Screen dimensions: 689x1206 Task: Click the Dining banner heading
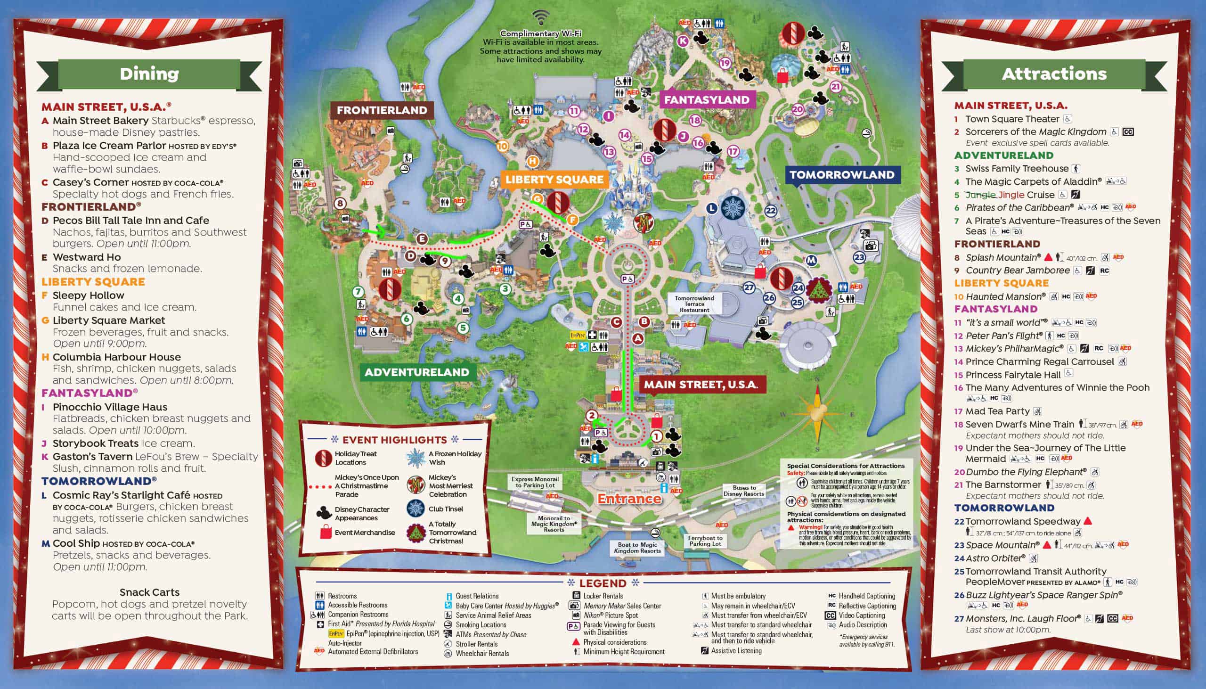[x=149, y=74]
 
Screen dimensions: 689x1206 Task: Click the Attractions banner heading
[x=1054, y=74]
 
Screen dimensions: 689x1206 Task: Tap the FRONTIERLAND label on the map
[x=381, y=110]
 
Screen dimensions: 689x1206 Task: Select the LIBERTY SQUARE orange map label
[x=554, y=180]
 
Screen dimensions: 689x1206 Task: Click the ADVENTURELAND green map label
[x=416, y=372]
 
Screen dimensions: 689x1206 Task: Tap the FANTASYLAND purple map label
[x=706, y=100]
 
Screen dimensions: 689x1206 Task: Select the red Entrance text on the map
[x=629, y=499]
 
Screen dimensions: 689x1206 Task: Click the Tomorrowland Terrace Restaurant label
[x=694, y=304]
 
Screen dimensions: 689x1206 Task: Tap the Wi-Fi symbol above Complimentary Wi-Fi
[x=540, y=18]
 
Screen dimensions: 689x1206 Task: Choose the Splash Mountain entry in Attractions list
[x=1002, y=257]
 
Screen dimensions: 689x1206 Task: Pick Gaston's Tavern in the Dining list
[x=92, y=457]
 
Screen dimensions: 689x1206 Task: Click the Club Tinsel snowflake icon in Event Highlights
[x=415, y=509]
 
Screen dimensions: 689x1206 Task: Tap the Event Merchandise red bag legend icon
[x=326, y=533]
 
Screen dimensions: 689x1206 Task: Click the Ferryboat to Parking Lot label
[x=705, y=541]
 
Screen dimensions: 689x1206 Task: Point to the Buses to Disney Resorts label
[x=743, y=490]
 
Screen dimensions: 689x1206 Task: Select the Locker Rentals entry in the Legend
[x=603, y=596]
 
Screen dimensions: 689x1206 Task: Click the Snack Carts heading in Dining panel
[x=149, y=592]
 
